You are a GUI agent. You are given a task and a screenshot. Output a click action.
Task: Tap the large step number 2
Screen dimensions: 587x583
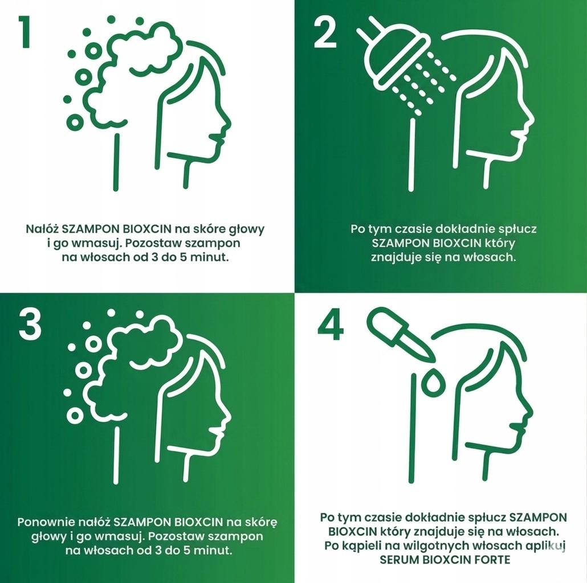click(x=325, y=34)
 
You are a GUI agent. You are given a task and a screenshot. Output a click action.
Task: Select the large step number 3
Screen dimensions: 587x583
click(x=30, y=325)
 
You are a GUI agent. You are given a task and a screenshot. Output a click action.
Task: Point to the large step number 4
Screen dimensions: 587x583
click(x=331, y=325)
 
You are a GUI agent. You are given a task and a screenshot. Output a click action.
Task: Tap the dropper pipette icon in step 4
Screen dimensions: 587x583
click(x=401, y=335)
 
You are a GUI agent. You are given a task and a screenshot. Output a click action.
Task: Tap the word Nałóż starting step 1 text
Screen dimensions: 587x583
click(x=42, y=228)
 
